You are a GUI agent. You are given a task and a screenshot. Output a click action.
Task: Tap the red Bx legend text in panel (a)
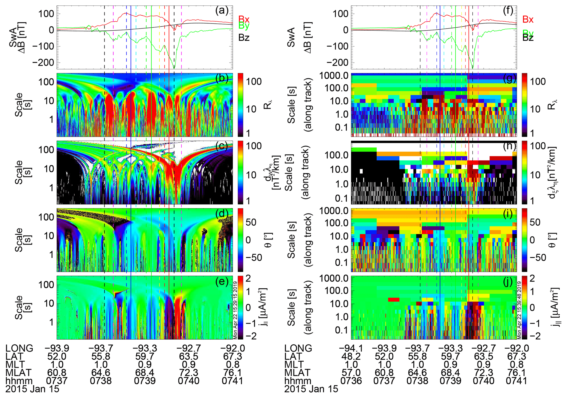(x=244, y=19)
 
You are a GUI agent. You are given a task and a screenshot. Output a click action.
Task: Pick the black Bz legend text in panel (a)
(x=244, y=38)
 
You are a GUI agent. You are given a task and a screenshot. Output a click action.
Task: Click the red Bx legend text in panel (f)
(x=528, y=19)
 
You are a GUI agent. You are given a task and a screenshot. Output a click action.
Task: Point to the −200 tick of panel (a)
(x=43, y=62)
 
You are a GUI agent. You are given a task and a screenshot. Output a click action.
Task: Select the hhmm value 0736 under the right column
(x=351, y=381)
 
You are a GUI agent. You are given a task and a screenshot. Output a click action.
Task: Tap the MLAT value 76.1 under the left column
(x=232, y=373)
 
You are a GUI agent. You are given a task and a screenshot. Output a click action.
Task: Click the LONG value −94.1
(x=351, y=348)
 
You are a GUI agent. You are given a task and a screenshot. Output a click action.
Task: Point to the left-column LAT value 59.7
(x=145, y=357)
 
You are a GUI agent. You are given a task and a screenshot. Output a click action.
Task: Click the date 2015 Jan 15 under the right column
(x=311, y=389)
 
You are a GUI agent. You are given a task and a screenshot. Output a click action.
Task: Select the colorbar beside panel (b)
(x=240, y=105)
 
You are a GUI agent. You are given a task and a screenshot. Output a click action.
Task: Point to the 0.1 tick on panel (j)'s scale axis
(x=341, y=330)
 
